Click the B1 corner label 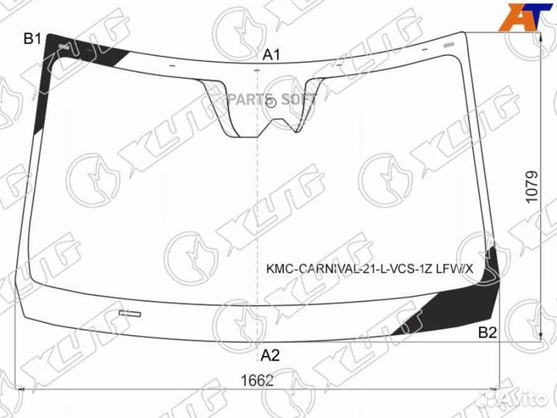coord(32,39)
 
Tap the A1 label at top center coord(272,55)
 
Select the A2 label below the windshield coord(270,355)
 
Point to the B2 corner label coord(487,333)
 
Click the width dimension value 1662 coord(257,381)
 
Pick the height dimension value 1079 coord(531,187)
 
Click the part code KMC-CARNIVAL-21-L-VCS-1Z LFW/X coord(370,269)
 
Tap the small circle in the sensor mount coord(271,103)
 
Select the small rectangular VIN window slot coord(130,313)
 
